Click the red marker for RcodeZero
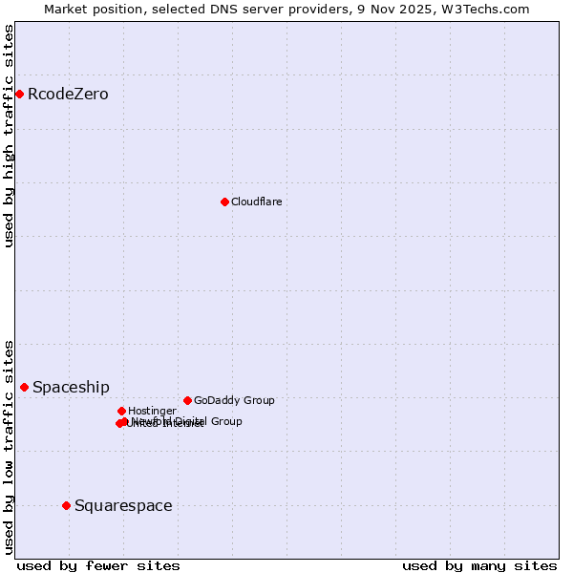[x=19, y=94]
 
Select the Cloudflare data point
[x=224, y=202]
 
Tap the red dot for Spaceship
[x=24, y=387]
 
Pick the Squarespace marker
[x=66, y=505]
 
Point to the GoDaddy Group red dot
[x=187, y=400]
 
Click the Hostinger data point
[x=121, y=411]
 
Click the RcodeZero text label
[x=68, y=94]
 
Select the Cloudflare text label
[x=256, y=202]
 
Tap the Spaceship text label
[x=71, y=387]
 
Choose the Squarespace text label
[x=123, y=505]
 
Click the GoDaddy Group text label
[x=234, y=400]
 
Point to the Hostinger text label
[x=152, y=411]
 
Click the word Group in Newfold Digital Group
[x=225, y=421]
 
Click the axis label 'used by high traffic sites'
[x=9, y=136]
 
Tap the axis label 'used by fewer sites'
[x=98, y=565]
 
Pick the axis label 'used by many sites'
[x=479, y=565]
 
